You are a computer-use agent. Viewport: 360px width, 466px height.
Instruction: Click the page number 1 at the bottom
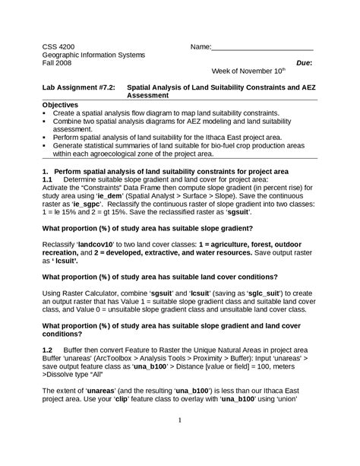point(180,420)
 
